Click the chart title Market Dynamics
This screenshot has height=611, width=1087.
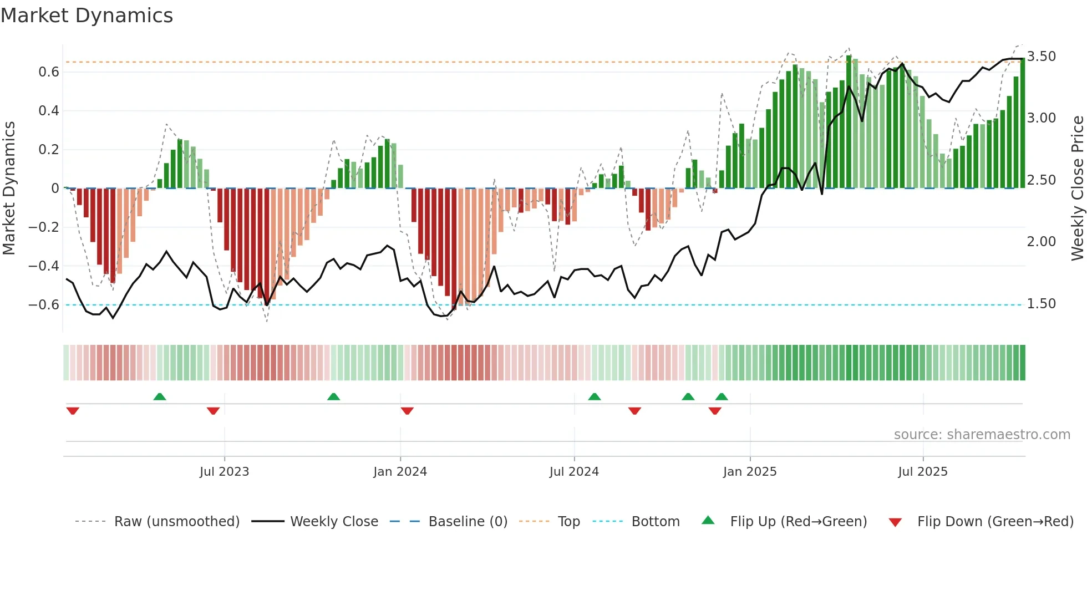click(87, 16)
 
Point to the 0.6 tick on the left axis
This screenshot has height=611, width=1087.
click(48, 72)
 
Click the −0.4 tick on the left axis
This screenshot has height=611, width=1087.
click(43, 266)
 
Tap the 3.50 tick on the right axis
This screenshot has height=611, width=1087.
click(1041, 57)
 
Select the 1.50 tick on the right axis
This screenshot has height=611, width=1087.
click(1041, 304)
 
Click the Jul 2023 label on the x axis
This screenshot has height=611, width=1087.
click(224, 472)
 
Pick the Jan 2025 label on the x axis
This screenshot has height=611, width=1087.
click(750, 472)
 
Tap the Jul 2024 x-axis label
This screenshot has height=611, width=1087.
click(574, 472)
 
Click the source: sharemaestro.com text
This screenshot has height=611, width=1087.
click(982, 435)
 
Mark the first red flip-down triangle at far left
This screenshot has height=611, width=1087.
click(73, 411)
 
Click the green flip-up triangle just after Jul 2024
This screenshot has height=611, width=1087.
click(594, 396)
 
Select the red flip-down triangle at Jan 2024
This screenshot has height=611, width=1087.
click(407, 411)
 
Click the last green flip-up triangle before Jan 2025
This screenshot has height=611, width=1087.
click(722, 396)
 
